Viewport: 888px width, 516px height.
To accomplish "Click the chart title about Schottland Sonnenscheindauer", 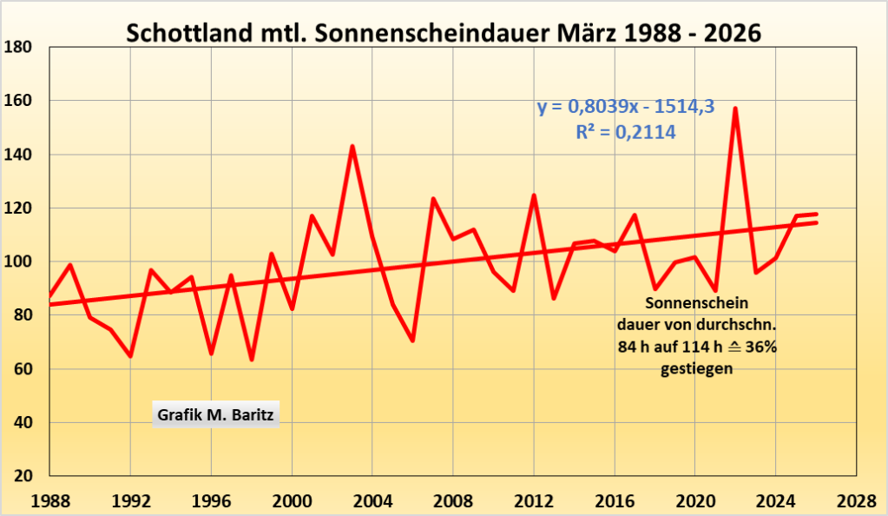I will point(444,34).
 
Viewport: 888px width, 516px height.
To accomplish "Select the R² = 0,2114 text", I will point(625,132).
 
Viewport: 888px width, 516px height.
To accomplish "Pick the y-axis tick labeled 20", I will point(23,477).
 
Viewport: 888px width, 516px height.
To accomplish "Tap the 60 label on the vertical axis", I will point(23,369).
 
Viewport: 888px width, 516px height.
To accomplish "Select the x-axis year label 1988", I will point(49,502).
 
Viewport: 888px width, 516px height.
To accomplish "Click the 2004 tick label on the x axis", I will point(372,502).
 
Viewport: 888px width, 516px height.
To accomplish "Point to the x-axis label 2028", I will point(856,502).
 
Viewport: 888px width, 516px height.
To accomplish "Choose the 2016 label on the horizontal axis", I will point(614,502).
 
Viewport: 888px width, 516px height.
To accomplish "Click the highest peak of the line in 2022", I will point(735,109).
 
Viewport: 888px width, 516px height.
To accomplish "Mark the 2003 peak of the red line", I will point(352,146).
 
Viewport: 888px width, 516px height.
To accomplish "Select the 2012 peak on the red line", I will point(534,195).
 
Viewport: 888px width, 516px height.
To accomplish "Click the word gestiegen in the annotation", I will point(695,368).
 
